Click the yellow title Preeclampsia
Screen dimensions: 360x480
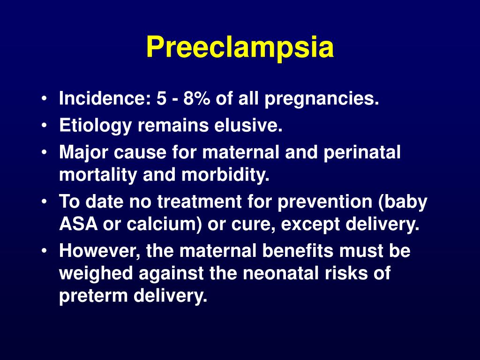tap(240, 48)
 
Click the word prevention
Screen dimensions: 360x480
tap(330, 202)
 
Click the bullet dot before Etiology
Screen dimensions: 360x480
tap(44, 127)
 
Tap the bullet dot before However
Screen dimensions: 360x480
tap(44, 252)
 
